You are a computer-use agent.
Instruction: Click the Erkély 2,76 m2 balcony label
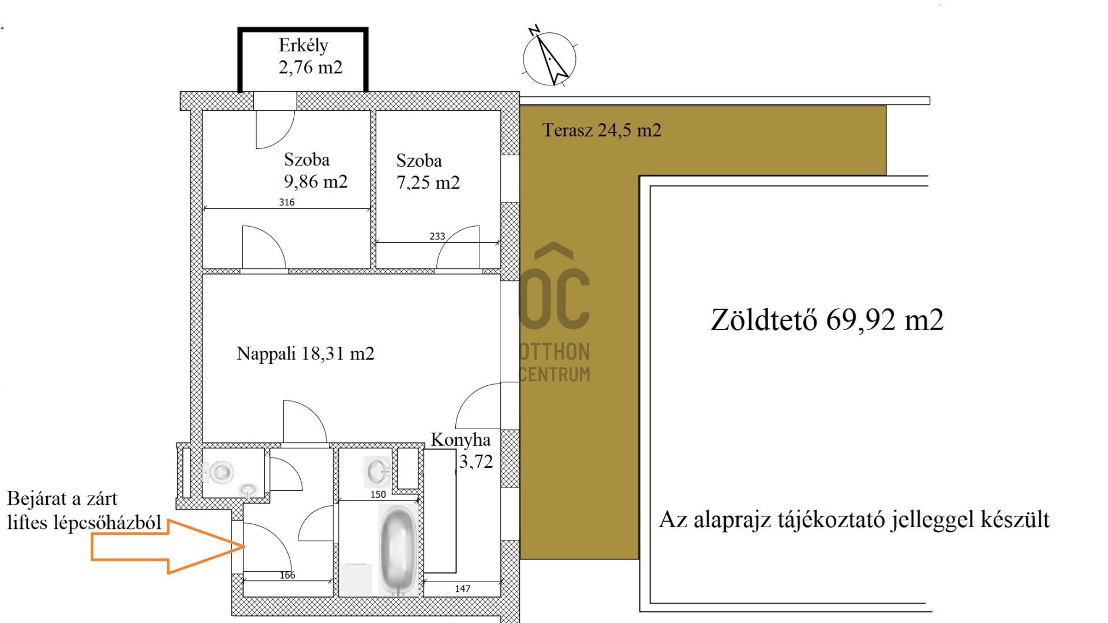click(310, 57)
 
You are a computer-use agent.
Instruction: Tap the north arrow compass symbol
click(549, 58)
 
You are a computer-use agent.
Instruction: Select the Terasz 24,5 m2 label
click(601, 130)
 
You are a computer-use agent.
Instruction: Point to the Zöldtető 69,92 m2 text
click(826, 320)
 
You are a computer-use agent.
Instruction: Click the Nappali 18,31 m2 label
click(305, 354)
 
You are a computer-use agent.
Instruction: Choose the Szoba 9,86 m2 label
click(315, 171)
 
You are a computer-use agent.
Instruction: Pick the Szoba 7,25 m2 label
click(428, 172)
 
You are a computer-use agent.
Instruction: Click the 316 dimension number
click(287, 202)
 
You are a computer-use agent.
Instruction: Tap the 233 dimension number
click(437, 237)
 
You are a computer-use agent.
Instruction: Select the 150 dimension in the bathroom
click(378, 494)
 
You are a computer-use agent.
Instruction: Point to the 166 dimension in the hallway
click(287, 575)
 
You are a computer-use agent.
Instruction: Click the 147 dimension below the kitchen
click(462, 588)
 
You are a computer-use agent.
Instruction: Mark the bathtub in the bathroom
click(398, 549)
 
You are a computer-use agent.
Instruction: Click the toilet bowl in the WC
click(220, 472)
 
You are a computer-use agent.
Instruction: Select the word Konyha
click(461, 440)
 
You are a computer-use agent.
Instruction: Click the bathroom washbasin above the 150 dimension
click(378, 471)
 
